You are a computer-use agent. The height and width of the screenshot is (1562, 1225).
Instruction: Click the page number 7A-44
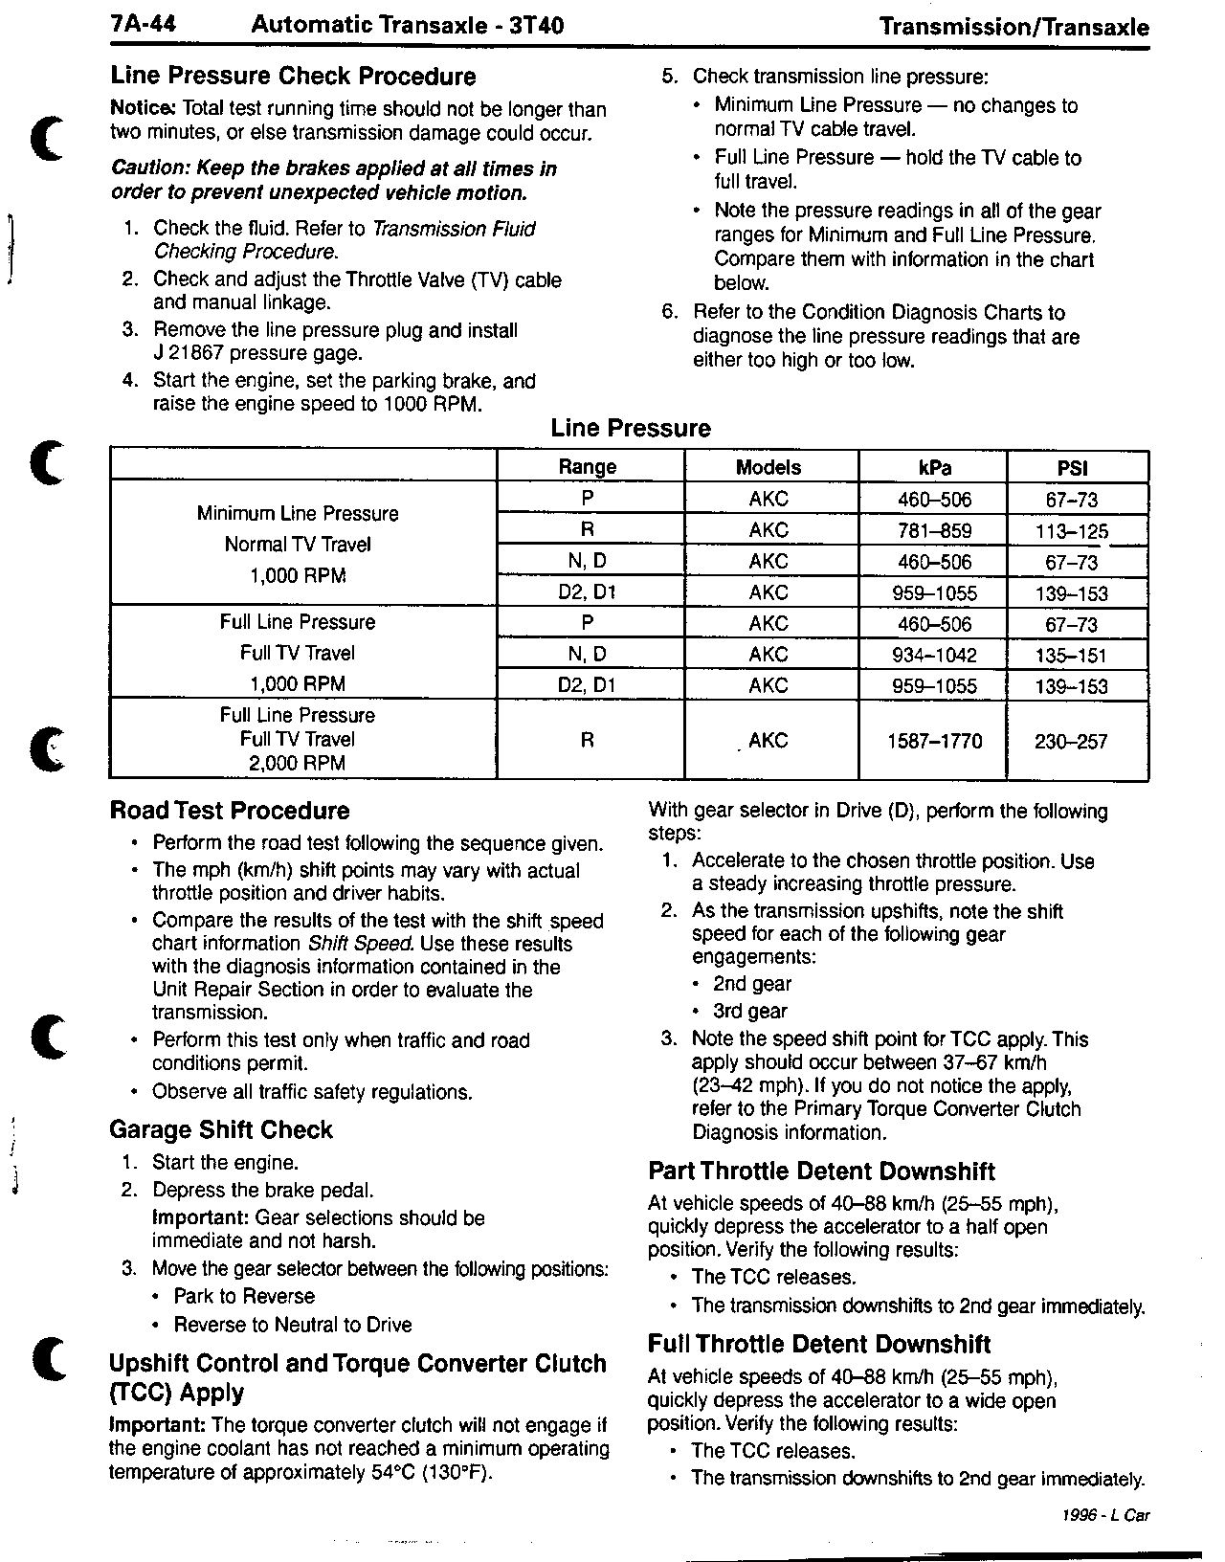(x=144, y=26)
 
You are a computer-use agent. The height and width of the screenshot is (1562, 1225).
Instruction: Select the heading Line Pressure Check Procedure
(x=293, y=77)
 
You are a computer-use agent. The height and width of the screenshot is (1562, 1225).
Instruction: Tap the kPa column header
(x=934, y=468)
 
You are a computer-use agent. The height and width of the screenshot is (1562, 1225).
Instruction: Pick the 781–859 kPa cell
(x=934, y=531)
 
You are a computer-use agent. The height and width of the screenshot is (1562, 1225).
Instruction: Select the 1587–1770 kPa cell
(x=934, y=741)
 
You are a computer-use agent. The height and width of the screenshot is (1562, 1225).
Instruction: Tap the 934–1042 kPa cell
(x=934, y=656)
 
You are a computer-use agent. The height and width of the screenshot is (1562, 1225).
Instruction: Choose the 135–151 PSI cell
(x=1071, y=656)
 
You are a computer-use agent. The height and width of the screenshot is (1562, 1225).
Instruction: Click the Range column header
(x=588, y=467)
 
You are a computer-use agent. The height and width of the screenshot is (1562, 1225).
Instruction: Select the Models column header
(x=768, y=468)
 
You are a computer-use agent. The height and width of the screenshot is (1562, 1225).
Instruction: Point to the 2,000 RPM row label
(x=297, y=764)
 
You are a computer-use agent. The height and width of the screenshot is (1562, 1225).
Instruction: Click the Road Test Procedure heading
(x=230, y=811)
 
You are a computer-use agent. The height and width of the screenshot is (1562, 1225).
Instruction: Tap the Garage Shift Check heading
(x=221, y=1130)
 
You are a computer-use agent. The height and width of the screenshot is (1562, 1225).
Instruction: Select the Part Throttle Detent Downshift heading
(x=821, y=1171)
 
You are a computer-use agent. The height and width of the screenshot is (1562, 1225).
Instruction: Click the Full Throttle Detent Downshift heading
(x=819, y=1345)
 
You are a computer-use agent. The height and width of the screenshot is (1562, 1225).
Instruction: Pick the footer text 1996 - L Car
(x=1105, y=1516)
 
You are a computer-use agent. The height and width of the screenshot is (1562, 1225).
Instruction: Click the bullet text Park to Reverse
(x=244, y=1297)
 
